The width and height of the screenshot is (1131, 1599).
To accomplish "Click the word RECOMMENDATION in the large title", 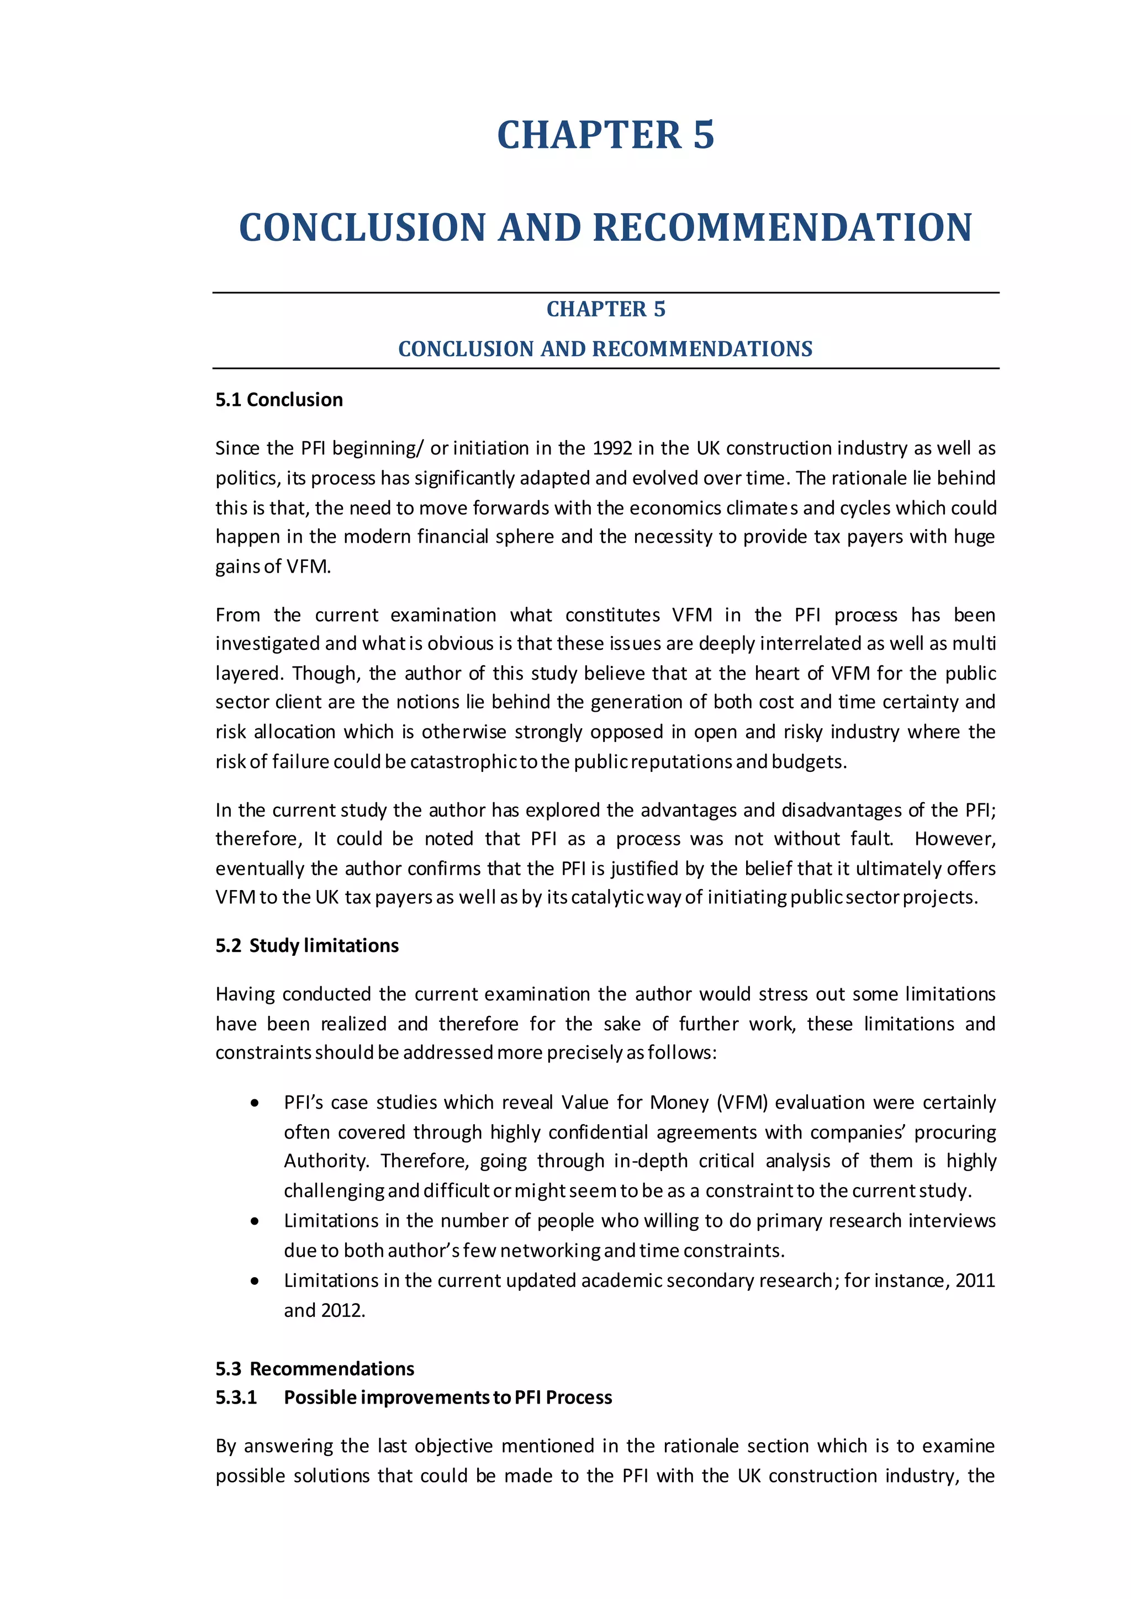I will [782, 227].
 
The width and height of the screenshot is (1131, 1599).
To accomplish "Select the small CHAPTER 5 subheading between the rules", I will [605, 309].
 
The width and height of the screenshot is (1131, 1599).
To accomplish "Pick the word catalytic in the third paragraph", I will [606, 898].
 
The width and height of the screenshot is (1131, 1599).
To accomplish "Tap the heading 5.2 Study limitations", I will [306, 946].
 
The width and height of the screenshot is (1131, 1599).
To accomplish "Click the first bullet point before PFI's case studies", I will [256, 1103].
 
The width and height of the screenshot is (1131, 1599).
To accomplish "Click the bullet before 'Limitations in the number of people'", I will [256, 1221].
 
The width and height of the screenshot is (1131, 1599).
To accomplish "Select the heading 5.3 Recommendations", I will [314, 1369].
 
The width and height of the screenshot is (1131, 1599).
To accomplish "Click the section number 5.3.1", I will [236, 1397].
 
